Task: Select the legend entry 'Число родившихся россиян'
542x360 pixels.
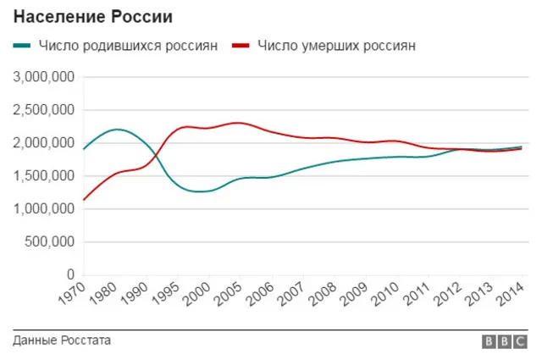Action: click(x=128, y=46)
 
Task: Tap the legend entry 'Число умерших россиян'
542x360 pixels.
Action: click(x=336, y=46)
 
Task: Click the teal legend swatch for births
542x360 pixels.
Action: click(x=23, y=46)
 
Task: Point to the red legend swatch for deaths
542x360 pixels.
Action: click(x=241, y=46)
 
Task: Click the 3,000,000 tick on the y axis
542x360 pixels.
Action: click(x=44, y=78)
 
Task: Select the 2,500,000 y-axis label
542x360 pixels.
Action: click(x=44, y=111)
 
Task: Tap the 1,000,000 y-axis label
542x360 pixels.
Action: click(x=44, y=209)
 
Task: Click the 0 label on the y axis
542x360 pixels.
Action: click(x=71, y=275)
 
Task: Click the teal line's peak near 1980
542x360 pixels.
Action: click(x=117, y=130)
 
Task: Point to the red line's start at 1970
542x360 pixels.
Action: click(x=84, y=200)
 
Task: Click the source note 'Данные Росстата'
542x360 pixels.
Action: click(x=62, y=341)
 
